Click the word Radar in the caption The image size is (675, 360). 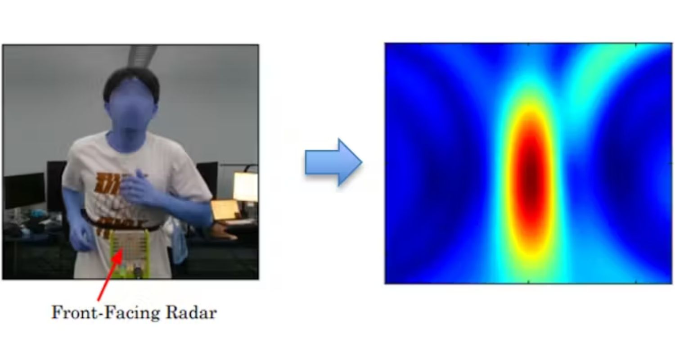[191, 312]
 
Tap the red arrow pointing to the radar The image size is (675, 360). [110, 274]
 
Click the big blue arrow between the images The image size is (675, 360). [333, 162]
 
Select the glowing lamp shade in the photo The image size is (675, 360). [245, 186]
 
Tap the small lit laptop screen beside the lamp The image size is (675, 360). [225, 209]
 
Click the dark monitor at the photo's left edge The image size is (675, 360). [24, 190]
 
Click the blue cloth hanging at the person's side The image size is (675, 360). [180, 247]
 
